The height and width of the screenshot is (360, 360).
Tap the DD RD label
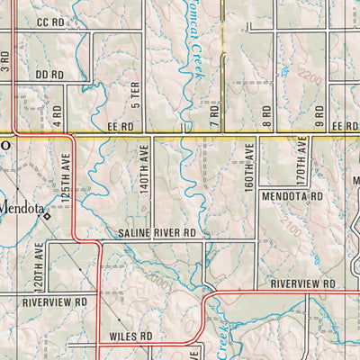coord(49,75)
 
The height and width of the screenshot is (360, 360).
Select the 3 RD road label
coord(5,62)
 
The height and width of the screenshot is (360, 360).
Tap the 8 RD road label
coord(267,114)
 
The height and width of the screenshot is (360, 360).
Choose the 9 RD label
coord(319,114)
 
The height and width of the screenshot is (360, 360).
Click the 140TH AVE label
coord(143,170)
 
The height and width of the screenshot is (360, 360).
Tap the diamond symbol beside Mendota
coord(48,216)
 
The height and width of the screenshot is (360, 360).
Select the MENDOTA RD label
coord(292,195)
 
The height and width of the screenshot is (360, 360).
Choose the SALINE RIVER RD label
coord(157,233)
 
